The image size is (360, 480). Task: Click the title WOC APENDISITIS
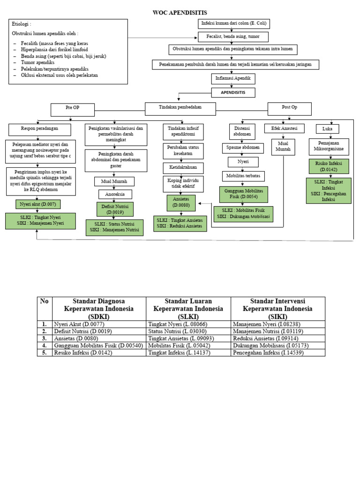[180, 12]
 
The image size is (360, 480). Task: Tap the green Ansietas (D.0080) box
[181, 202]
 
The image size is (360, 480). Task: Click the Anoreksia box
[115, 194]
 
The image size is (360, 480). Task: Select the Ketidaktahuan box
[181, 167]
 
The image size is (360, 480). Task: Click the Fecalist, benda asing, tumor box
[234, 36]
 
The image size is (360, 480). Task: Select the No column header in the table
[45, 301]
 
